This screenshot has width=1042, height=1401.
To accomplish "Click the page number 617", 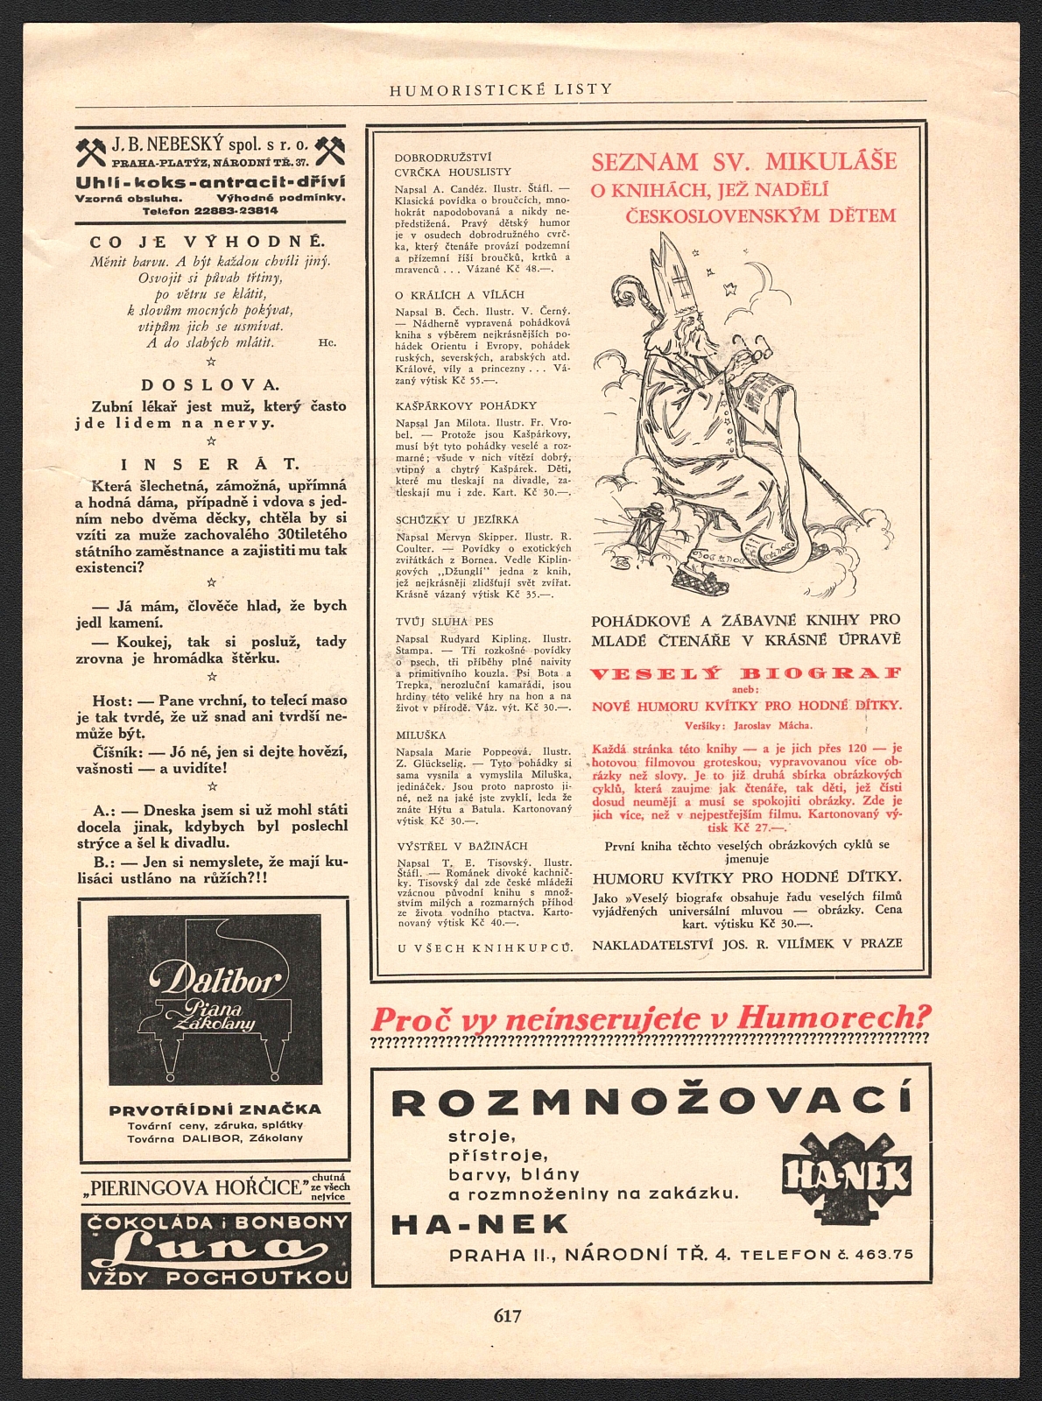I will (x=508, y=1315).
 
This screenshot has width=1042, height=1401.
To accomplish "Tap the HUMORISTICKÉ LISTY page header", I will (x=501, y=89).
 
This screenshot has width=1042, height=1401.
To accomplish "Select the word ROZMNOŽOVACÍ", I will (x=651, y=1102).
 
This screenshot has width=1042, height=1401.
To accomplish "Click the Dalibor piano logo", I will (x=215, y=998).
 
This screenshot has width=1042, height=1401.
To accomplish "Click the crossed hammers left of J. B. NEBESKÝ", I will (x=91, y=151).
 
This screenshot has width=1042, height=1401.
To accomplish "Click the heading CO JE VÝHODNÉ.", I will (x=208, y=241).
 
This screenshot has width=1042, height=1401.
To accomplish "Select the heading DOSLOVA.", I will (x=210, y=384).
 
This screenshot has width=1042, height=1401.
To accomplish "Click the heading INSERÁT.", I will (x=210, y=464).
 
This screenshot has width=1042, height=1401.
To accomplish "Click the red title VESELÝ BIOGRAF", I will (x=745, y=673).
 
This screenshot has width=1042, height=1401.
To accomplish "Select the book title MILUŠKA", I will (x=421, y=736).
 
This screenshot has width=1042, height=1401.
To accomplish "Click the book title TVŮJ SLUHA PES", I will (x=445, y=622).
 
